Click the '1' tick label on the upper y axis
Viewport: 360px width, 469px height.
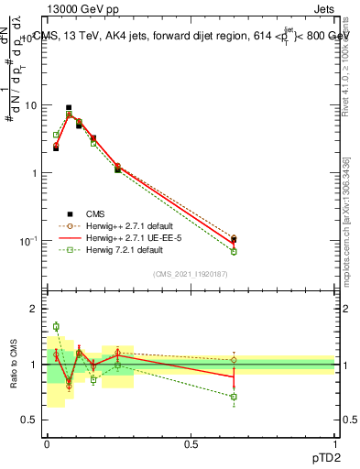(33, 173)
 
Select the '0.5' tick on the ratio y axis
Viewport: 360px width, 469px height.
(28, 420)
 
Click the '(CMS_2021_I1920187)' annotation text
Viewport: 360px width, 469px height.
(190, 274)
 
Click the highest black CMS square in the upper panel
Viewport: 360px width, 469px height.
(69, 107)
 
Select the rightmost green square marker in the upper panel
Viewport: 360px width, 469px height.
(234, 251)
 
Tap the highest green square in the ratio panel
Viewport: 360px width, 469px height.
(56, 326)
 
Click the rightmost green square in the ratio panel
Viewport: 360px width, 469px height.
(234, 397)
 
